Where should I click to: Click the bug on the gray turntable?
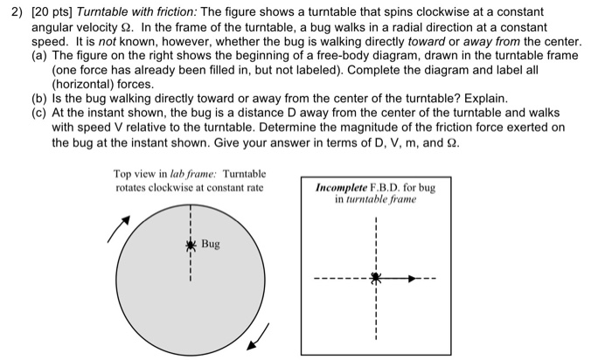click(188, 245)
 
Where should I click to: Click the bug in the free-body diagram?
click(375, 279)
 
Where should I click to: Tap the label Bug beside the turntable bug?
click(211, 244)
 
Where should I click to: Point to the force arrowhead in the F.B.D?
click(413, 279)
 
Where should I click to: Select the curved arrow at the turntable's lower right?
click(259, 336)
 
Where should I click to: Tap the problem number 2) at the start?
click(14, 9)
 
